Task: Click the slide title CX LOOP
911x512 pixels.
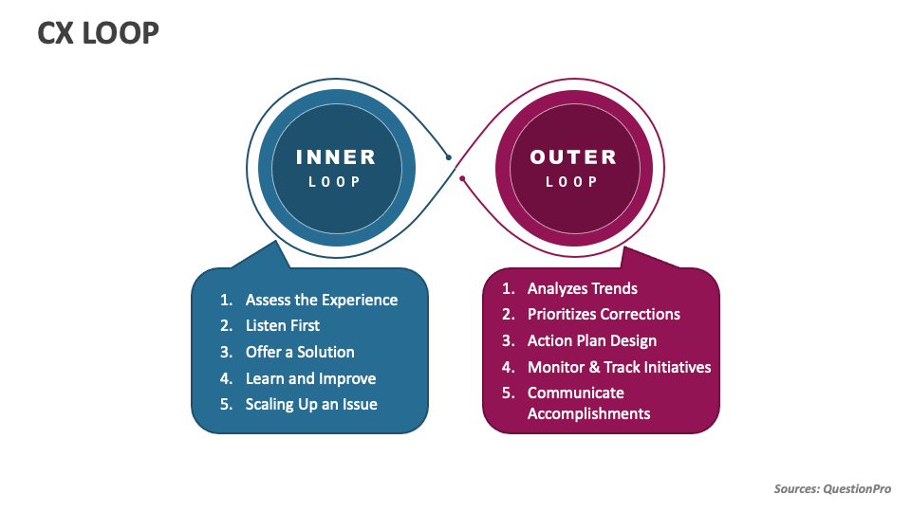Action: tap(98, 34)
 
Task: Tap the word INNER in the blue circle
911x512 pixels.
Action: tap(336, 157)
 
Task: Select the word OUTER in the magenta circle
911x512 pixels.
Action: tap(573, 157)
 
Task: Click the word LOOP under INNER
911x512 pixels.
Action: tap(335, 181)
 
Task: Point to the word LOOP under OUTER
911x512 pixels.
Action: tap(572, 181)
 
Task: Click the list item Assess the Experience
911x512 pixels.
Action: tap(321, 300)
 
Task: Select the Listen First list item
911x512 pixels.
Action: tap(283, 325)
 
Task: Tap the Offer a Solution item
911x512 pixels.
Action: tap(300, 352)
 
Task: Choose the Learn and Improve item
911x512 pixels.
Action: tap(310, 378)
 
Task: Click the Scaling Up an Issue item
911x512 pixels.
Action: tap(311, 404)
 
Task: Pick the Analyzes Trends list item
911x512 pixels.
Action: tap(583, 288)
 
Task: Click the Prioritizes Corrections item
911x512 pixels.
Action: tap(604, 314)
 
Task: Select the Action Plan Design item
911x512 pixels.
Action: tap(592, 340)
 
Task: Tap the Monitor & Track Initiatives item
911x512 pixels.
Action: tap(619, 367)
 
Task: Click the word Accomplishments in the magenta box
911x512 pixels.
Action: tap(588, 413)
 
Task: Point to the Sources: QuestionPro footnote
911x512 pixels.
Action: tap(832, 488)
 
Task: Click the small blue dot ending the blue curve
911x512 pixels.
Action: tap(449, 157)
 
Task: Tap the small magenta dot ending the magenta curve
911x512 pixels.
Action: tap(462, 178)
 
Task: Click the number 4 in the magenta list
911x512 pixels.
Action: tap(507, 367)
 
